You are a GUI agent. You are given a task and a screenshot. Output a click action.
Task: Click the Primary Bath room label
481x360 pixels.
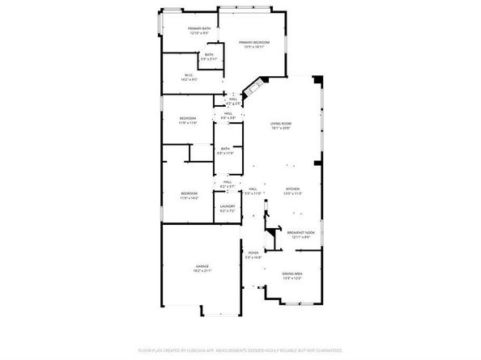coord(198,28)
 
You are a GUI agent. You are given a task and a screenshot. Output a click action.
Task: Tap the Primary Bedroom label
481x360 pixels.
coord(253,42)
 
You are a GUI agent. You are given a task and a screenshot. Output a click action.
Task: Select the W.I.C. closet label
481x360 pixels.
coord(189,75)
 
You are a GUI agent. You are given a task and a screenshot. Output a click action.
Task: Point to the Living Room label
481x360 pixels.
coord(280,123)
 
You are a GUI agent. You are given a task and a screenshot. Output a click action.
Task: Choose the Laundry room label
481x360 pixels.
coord(228,206)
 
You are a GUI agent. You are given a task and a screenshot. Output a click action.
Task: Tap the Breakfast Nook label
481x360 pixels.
coord(300,232)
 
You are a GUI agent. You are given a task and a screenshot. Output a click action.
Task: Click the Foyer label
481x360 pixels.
coord(253,253)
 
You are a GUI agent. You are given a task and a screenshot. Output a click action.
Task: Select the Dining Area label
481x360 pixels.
coord(292,273)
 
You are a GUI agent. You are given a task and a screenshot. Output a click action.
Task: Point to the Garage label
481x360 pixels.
coord(201,265)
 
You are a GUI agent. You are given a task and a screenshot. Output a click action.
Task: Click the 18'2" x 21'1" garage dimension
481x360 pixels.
coord(201,270)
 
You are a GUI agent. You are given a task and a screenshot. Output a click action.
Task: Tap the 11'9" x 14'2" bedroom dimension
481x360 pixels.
coord(189,198)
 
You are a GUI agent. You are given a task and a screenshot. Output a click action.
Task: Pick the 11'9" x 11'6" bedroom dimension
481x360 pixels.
coord(188,123)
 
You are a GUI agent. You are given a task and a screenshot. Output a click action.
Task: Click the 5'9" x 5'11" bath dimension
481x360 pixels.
coord(209,59)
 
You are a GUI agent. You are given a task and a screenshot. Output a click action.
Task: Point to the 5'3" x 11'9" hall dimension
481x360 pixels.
coord(253,193)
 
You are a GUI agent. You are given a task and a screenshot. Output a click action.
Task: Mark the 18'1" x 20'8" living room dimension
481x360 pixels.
coord(280,128)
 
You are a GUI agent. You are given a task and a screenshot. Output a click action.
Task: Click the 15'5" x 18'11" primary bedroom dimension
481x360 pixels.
coord(253,47)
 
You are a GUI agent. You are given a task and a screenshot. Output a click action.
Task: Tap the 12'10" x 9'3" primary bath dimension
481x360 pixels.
coord(198,33)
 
